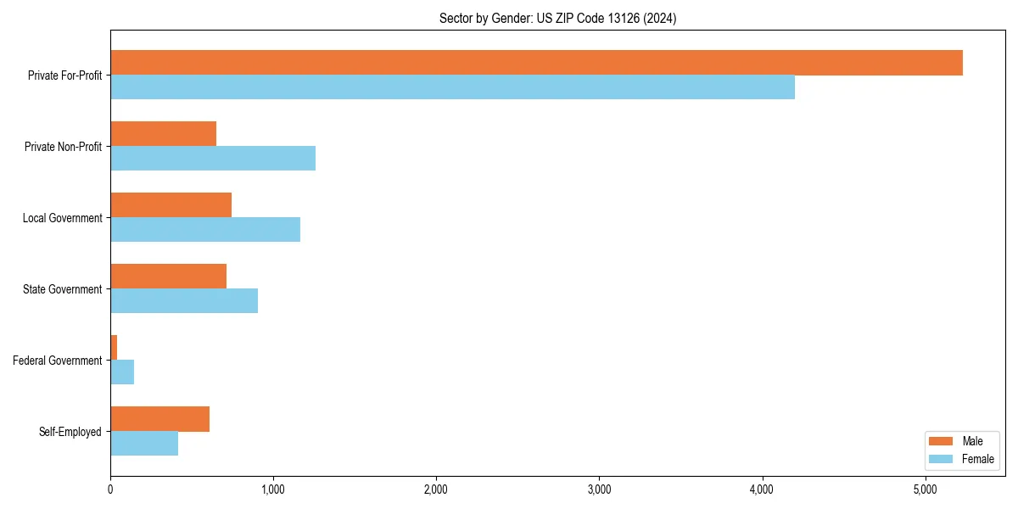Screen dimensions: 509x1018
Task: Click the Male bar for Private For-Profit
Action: pos(536,63)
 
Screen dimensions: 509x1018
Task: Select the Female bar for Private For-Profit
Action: pos(452,87)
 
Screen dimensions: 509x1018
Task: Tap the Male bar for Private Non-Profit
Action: pos(163,134)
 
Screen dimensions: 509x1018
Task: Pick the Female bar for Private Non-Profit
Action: pos(213,159)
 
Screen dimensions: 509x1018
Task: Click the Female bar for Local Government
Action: pos(205,230)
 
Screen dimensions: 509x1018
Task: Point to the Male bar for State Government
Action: pos(168,277)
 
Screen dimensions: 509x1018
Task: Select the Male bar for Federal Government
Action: pos(114,348)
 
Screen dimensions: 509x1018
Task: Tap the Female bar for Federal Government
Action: pos(122,372)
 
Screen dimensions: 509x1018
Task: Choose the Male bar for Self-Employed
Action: pos(159,419)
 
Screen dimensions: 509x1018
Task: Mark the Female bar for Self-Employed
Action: pos(144,444)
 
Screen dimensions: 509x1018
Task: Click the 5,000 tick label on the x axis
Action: pos(925,489)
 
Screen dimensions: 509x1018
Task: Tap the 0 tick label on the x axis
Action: pos(110,489)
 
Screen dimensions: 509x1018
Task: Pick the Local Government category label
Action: pos(62,218)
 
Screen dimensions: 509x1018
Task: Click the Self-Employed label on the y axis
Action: pos(70,432)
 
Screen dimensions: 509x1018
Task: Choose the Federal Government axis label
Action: pos(57,361)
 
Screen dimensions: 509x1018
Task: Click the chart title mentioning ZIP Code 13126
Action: pos(557,18)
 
